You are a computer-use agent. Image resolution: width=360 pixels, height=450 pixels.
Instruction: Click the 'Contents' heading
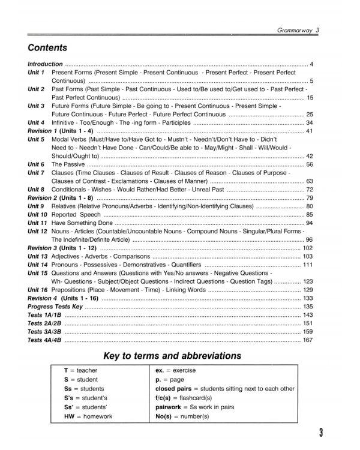click(47, 48)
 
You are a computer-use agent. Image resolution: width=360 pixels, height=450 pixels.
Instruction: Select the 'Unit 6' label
click(36, 164)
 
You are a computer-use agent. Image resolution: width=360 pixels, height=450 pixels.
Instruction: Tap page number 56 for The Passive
click(310, 164)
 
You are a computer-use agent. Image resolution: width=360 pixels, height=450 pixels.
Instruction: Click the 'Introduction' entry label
click(45, 64)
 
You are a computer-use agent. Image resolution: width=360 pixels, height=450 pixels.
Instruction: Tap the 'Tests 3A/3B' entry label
click(44, 331)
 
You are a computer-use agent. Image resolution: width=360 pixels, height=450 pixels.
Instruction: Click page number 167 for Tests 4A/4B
click(308, 340)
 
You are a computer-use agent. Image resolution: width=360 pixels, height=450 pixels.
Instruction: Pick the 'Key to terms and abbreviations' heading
click(172, 356)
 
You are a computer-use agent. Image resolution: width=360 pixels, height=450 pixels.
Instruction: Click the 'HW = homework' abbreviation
click(88, 416)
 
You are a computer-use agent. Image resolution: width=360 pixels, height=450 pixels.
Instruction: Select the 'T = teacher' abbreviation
click(81, 370)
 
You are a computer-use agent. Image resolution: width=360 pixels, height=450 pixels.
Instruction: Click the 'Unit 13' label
click(38, 256)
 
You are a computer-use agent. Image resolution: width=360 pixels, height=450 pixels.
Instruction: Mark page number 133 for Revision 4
click(308, 298)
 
